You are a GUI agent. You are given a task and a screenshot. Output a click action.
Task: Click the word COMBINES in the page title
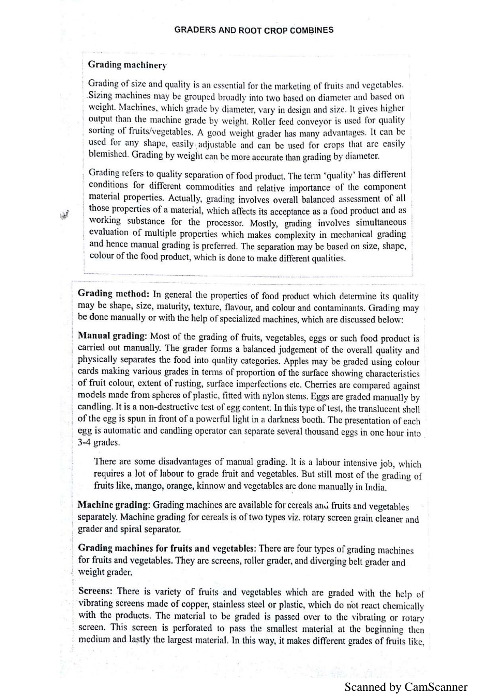(x=313, y=30)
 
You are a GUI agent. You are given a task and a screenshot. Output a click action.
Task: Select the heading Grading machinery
(x=127, y=65)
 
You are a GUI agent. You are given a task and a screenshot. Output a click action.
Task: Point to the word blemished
(x=108, y=154)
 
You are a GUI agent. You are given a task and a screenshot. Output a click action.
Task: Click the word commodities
(x=210, y=187)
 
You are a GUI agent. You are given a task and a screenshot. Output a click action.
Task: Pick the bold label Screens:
(x=95, y=591)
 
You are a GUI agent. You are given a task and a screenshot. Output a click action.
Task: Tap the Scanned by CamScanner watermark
(x=406, y=687)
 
